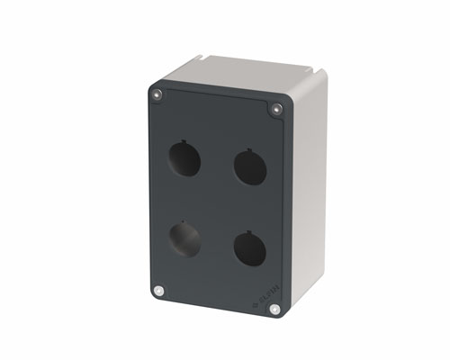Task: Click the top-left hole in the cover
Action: [186, 162]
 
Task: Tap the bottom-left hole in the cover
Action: [184, 238]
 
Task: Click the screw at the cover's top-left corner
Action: [158, 94]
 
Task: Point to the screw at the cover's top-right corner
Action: [276, 109]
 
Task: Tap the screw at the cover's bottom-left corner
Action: [159, 291]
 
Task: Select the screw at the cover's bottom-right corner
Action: [274, 309]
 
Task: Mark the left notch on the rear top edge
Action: [210, 61]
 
